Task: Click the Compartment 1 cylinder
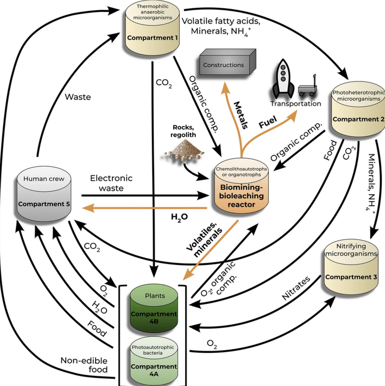pyautogui.click(x=152, y=28)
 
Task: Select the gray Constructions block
pyautogui.click(x=228, y=62)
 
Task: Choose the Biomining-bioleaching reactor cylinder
pyautogui.click(x=241, y=186)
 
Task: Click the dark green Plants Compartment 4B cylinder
pyautogui.click(x=154, y=308)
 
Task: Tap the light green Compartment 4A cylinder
pyautogui.click(x=154, y=361)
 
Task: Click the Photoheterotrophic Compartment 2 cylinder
pyautogui.click(x=358, y=109)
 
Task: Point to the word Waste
pyautogui.click(x=78, y=97)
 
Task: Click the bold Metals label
pyautogui.click(x=241, y=115)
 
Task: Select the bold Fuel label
pyautogui.click(x=268, y=122)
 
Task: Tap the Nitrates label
pyautogui.click(x=296, y=288)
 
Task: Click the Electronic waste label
pyautogui.click(x=111, y=183)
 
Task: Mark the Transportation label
pyautogui.click(x=296, y=104)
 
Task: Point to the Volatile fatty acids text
pyautogui.click(x=221, y=21)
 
